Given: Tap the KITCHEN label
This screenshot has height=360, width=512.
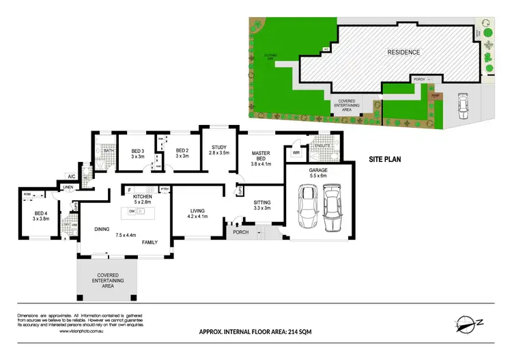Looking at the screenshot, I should click(141, 197).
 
